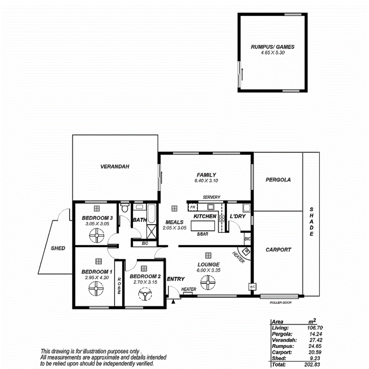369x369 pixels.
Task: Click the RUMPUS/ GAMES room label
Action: (272, 47)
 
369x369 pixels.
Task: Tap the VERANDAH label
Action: (115, 167)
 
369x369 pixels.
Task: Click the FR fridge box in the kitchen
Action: (192, 207)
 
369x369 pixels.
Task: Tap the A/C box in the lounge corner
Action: (251, 286)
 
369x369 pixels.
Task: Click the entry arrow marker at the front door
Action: (173, 302)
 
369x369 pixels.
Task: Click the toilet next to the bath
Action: (125, 208)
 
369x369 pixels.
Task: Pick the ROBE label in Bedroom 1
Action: (118, 285)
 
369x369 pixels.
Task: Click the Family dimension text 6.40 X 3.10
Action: (206, 181)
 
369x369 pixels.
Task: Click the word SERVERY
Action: (211, 197)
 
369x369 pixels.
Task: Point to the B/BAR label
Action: (202, 234)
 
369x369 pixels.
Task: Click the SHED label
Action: (58, 248)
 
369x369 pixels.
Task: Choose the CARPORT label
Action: (278, 250)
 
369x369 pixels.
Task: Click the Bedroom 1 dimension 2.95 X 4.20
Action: (97, 278)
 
